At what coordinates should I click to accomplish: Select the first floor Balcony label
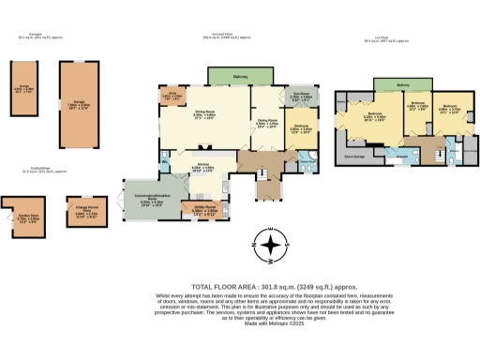(403, 86)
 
